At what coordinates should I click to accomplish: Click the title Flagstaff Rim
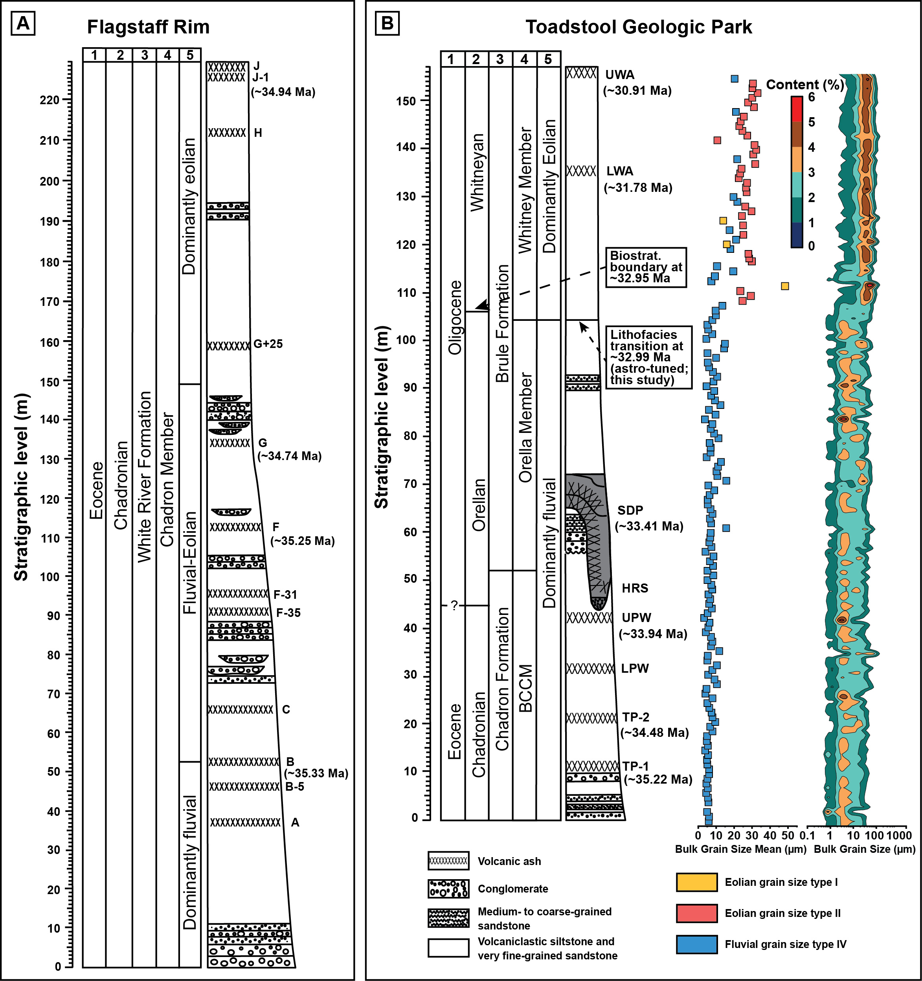(x=148, y=27)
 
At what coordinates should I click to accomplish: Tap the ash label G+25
(x=268, y=344)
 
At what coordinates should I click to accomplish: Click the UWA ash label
(x=620, y=75)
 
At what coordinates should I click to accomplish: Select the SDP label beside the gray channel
(x=630, y=510)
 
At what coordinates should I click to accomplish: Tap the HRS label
(x=635, y=588)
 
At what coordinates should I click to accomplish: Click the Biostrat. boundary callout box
(x=645, y=267)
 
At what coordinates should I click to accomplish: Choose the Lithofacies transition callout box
(x=648, y=357)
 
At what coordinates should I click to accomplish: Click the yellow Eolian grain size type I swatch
(x=696, y=882)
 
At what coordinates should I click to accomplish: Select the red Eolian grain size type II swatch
(x=696, y=913)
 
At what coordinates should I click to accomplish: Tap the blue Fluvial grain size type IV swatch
(x=696, y=944)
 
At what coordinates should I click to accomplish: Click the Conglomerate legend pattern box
(x=448, y=889)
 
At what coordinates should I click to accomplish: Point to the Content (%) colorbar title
(x=804, y=85)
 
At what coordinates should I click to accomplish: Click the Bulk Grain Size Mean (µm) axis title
(x=740, y=849)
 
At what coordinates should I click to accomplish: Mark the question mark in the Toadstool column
(x=454, y=605)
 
